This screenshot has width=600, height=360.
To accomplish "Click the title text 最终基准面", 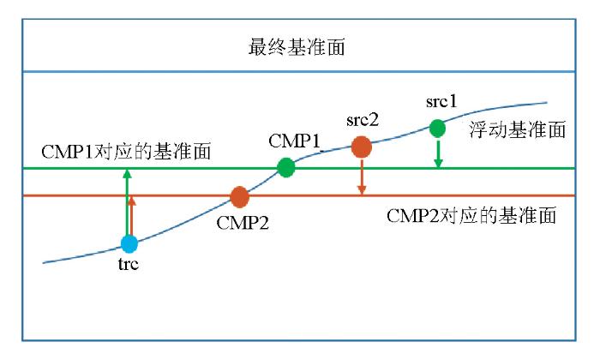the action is click(x=297, y=47).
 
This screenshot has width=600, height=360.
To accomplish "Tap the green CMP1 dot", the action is click(x=285, y=167).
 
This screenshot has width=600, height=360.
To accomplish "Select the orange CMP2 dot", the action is click(x=239, y=197).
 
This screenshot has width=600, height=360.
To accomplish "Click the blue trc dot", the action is click(x=129, y=243).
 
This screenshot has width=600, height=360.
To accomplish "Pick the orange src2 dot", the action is click(x=361, y=147).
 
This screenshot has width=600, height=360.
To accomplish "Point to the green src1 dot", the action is click(x=437, y=129).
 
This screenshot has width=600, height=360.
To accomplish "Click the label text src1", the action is click(x=441, y=102).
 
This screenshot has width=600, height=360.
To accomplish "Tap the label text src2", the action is click(x=363, y=120).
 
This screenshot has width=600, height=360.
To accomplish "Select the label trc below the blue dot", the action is click(x=129, y=264).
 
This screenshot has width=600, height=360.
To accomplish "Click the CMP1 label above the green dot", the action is click(x=294, y=141).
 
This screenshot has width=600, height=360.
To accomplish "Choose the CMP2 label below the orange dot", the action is click(x=243, y=223).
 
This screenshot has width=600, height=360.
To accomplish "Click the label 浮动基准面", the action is click(x=518, y=130).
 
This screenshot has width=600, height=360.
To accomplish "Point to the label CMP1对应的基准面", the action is click(x=126, y=152).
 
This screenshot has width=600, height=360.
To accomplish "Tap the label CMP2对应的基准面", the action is click(x=471, y=216).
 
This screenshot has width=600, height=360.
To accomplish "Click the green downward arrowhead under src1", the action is click(x=438, y=163).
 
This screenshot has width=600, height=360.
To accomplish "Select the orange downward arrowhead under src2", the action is click(x=362, y=190).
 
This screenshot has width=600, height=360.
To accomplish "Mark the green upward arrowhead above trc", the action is click(x=128, y=174).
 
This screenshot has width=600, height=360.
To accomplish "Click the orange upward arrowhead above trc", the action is click(x=132, y=201).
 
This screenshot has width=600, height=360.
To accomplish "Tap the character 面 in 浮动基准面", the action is click(x=556, y=130).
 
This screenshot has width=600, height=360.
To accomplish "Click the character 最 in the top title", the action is click(x=258, y=47).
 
